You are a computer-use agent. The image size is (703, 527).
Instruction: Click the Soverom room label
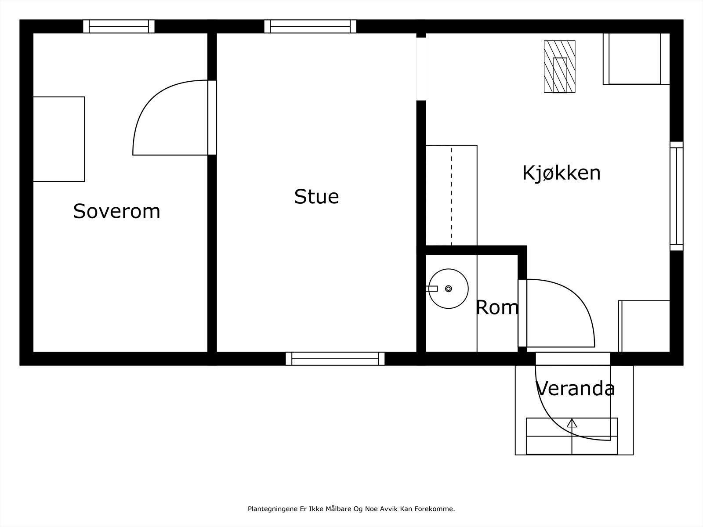pyautogui.click(x=116, y=212)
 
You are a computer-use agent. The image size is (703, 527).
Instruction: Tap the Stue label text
pyautogui.click(x=316, y=196)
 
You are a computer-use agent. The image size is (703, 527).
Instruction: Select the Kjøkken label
pyautogui.click(x=562, y=173)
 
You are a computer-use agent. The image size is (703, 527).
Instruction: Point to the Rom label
pyautogui.click(x=497, y=307)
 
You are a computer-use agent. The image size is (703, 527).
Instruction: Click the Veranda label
pyautogui.click(x=575, y=389)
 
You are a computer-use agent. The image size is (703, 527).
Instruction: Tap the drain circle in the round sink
pyautogui.click(x=449, y=289)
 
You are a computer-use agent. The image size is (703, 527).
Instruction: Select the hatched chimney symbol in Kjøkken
pyautogui.click(x=559, y=67)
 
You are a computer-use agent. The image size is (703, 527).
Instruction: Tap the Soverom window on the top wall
pyautogui.click(x=119, y=26)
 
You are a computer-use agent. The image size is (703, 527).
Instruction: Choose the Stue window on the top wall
pyautogui.click(x=310, y=26)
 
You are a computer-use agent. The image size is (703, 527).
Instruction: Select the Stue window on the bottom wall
pyautogui.click(x=335, y=359)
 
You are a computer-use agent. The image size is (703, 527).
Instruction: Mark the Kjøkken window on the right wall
pyautogui.click(x=676, y=196)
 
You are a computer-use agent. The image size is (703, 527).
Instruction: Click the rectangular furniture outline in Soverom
pyautogui.click(x=59, y=139)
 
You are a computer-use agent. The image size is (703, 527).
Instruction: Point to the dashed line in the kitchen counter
pyautogui.click(x=451, y=196)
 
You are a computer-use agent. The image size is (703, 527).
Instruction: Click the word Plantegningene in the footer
pyautogui.click(x=273, y=509)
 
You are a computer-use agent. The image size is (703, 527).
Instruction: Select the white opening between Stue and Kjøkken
pyautogui.click(x=421, y=69)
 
